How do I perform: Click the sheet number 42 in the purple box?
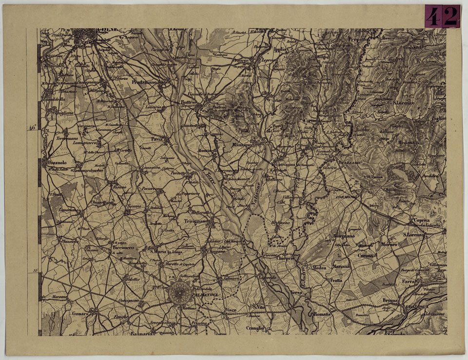(x=442, y=17)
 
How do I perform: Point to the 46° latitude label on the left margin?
(x=32, y=128)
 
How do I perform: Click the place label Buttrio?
(x=188, y=103)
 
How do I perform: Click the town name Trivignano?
(x=196, y=221)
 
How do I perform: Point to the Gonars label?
(x=80, y=314)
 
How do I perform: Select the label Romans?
(x=322, y=315)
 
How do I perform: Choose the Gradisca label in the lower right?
(x=420, y=307)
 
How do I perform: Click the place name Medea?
(x=319, y=268)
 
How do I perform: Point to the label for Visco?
(x=230, y=310)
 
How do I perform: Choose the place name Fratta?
(x=336, y=281)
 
